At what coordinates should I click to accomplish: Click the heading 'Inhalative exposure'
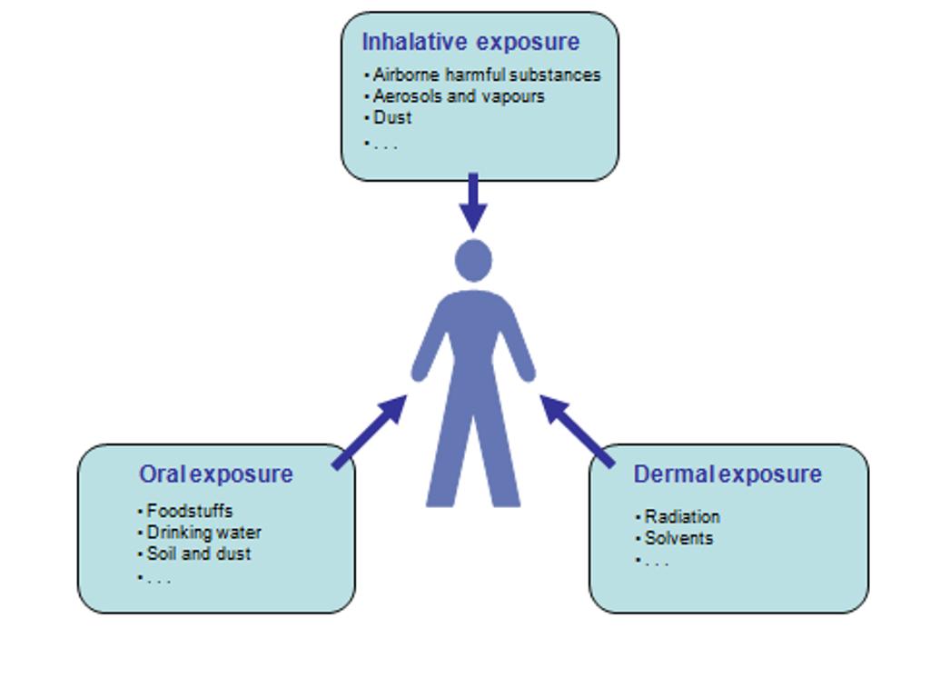[470, 42]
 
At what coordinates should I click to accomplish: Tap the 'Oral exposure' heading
[216, 474]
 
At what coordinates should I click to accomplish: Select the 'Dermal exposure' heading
[727, 474]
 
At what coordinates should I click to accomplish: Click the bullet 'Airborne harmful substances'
[486, 75]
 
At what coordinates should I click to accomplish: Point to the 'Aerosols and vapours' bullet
[459, 96]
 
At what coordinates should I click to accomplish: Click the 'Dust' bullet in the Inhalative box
[392, 118]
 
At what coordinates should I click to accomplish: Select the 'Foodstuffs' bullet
[189, 511]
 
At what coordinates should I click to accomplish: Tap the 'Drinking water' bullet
[203, 533]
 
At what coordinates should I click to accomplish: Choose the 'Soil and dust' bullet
[198, 553]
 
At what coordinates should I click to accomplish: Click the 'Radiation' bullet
[682, 517]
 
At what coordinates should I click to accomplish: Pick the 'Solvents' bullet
[678, 539]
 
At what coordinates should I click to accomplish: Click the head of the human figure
[473, 261]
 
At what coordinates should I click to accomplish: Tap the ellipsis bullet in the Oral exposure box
[156, 579]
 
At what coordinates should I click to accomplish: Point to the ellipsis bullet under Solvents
[654, 563]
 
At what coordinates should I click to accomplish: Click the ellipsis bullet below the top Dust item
[383, 145]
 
